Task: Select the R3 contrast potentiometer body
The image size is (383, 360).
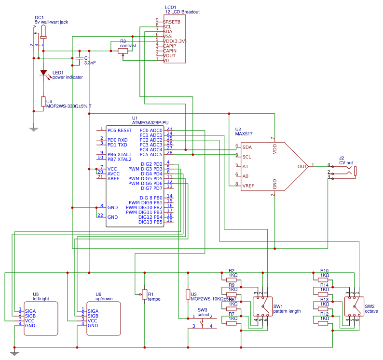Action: coord(123,51)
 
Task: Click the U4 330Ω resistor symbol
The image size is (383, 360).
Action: coord(43,101)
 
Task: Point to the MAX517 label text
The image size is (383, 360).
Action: coord(244,134)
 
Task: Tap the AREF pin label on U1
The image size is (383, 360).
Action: coord(113,178)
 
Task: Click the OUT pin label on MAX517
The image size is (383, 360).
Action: coord(302,166)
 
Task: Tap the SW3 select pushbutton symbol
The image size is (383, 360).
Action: coord(202,321)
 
